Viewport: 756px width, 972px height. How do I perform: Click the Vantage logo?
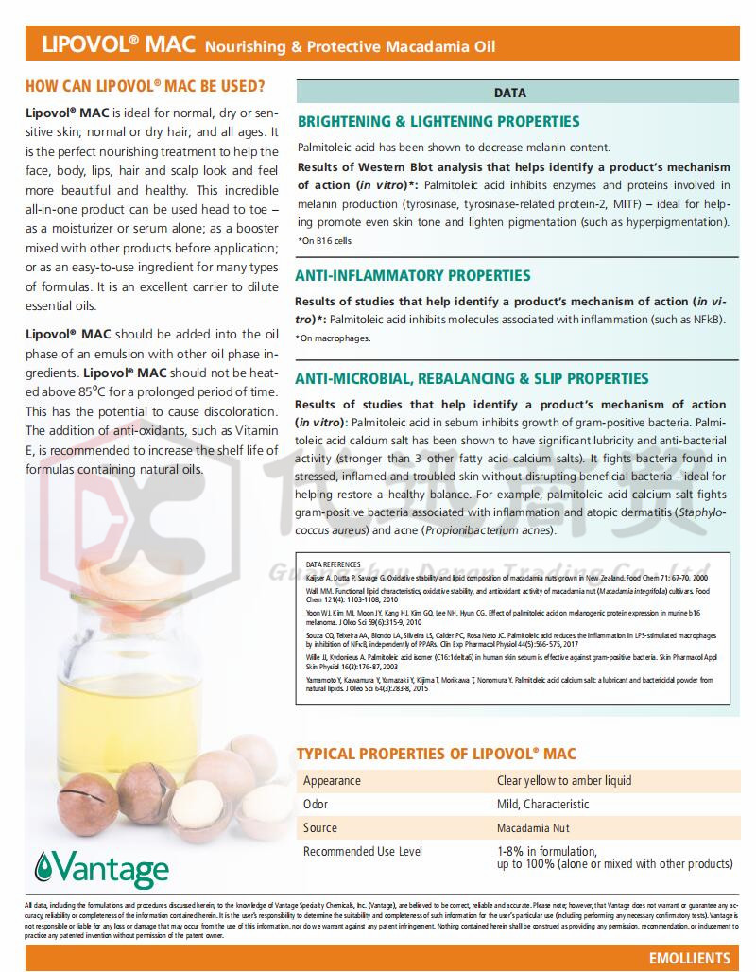[x=101, y=866]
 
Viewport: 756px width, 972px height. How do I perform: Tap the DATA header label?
[x=510, y=94]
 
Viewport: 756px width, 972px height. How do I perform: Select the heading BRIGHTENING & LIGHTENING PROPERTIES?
[x=438, y=121]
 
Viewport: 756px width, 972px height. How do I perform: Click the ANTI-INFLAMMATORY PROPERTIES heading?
[x=414, y=275]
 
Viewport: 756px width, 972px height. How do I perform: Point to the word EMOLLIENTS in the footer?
[x=690, y=958]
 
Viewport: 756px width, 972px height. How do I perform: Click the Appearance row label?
[x=332, y=781]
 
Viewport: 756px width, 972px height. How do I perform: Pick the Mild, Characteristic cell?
[x=542, y=805]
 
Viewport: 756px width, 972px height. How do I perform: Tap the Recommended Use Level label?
[x=362, y=852]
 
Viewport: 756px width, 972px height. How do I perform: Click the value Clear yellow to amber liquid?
[x=564, y=781]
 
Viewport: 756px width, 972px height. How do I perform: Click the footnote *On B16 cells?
[x=324, y=241]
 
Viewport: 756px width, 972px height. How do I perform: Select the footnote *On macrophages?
[x=333, y=338]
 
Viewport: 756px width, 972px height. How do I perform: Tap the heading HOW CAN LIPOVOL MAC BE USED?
[x=145, y=86]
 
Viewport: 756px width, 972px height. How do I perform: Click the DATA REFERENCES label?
[x=333, y=564]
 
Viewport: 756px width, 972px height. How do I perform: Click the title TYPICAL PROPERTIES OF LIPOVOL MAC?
[x=437, y=754]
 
